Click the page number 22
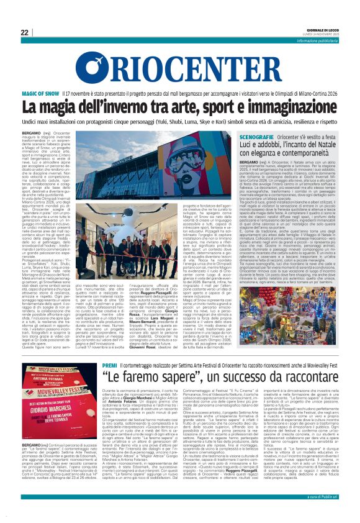pyautogui.click(x=24, y=32)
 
